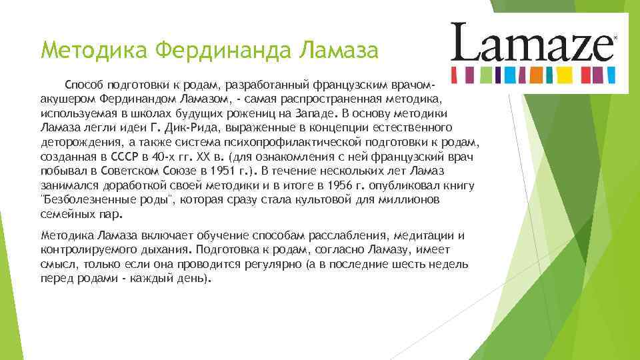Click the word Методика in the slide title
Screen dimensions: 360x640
coord(93,49)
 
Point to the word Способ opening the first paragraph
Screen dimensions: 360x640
coord(82,85)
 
